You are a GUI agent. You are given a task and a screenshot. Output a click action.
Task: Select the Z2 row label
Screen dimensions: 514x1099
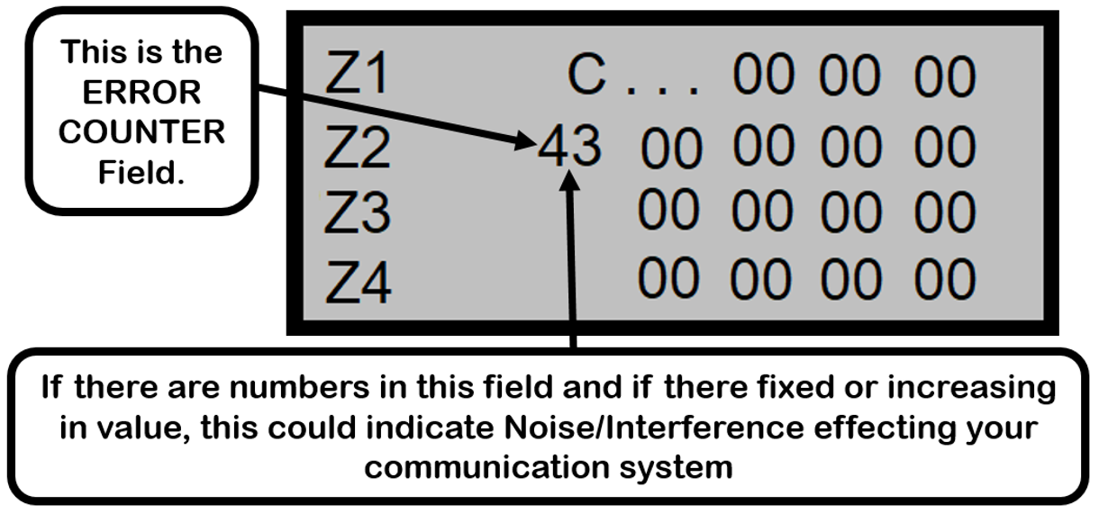click(x=357, y=146)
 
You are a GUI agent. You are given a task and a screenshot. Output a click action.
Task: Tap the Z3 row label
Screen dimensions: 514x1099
click(x=357, y=214)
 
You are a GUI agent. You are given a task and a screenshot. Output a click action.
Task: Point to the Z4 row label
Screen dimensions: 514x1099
click(x=357, y=281)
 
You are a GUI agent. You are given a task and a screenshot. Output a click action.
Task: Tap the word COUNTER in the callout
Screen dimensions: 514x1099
click(x=141, y=131)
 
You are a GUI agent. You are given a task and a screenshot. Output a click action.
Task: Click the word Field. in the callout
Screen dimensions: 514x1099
click(x=141, y=171)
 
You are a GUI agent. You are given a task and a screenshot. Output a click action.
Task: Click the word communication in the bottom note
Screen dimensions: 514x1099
click(x=486, y=466)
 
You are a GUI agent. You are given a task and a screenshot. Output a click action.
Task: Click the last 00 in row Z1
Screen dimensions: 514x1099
click(x=944, y=76)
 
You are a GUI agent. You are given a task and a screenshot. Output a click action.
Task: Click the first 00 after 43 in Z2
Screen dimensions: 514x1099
click(x=671, y=148)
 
